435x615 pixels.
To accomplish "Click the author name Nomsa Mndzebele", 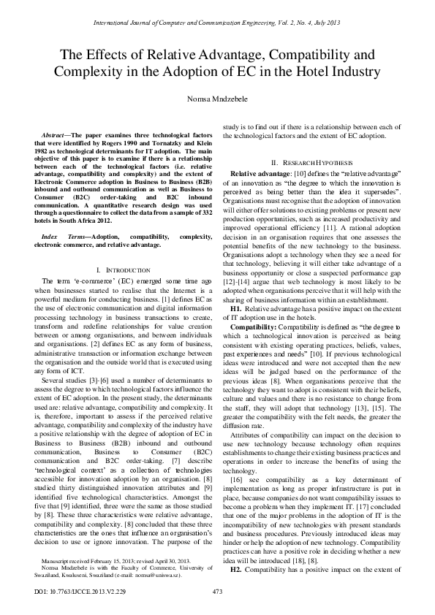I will [217, 97].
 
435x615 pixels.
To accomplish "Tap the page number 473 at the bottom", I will [217, 591].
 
